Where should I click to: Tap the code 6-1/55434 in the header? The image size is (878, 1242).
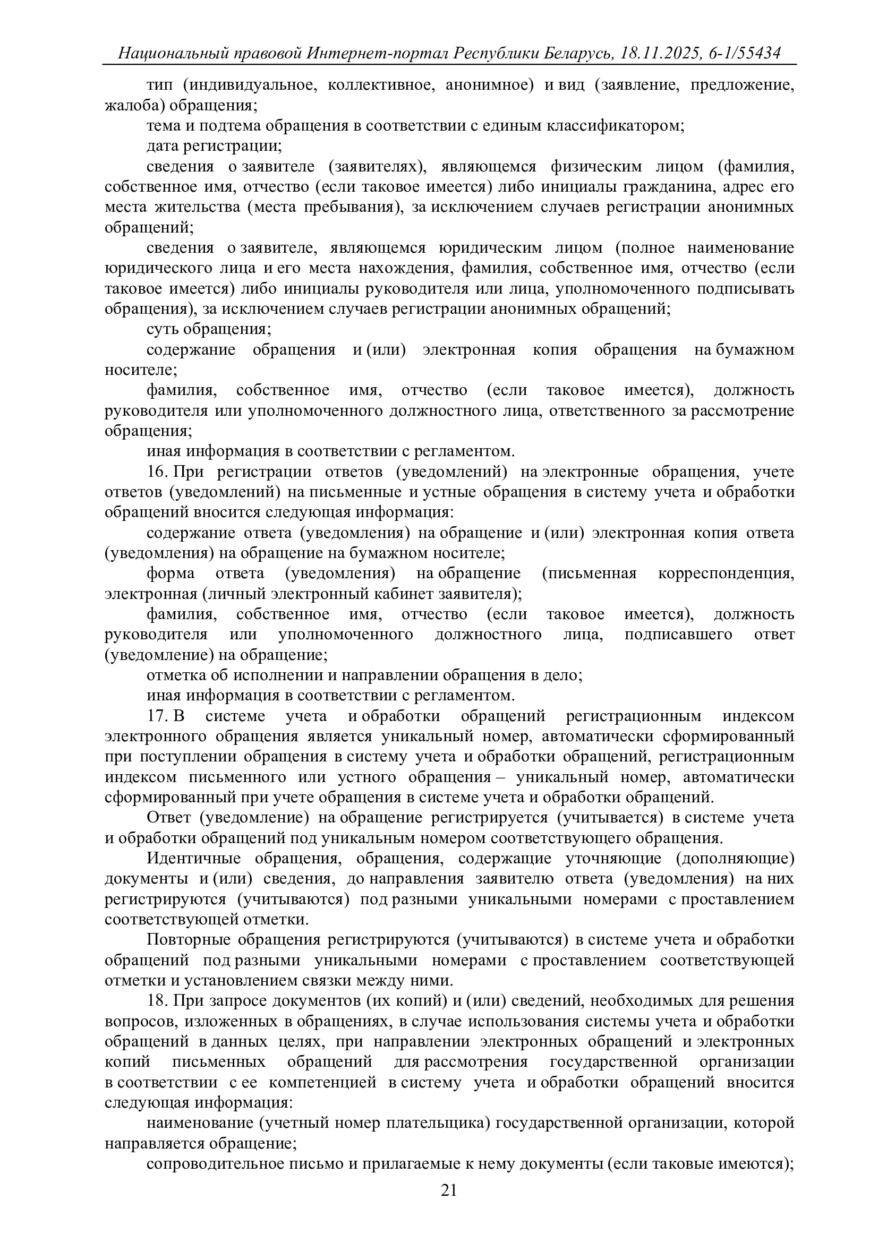(744, 53)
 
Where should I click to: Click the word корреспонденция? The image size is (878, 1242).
(726, 573)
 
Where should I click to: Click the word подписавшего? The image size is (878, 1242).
(678, 635)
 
